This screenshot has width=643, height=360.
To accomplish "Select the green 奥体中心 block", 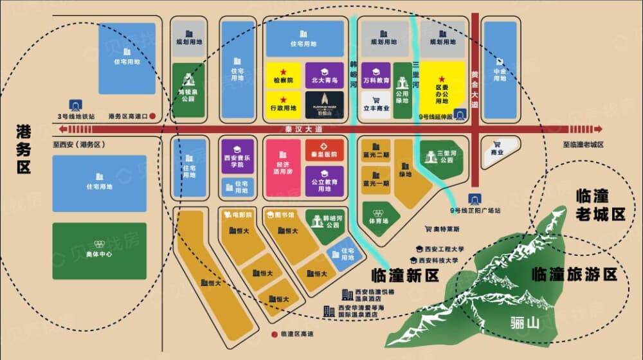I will (x=99, y=250).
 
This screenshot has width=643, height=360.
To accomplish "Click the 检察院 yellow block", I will (x=284, y=75).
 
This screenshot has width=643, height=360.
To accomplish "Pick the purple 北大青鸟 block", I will (x=324, y=75).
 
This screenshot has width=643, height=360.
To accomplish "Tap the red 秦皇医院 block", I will (x=324, y=149).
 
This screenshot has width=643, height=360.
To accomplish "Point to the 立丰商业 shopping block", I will (x=376, y=103).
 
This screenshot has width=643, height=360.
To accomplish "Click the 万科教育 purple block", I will (x=376, y=75).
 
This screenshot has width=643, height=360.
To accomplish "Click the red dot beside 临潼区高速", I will (x=274, y=334).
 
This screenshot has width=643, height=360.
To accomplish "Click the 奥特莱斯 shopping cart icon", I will (x=428, y=228).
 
